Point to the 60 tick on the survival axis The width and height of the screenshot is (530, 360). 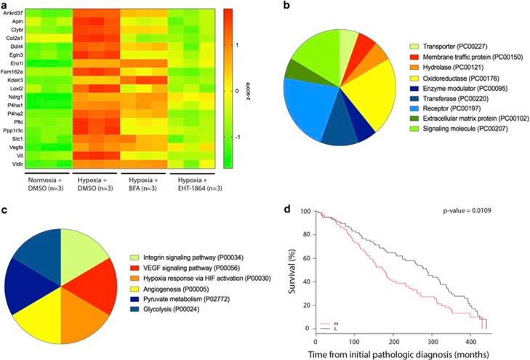click(305, 259)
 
